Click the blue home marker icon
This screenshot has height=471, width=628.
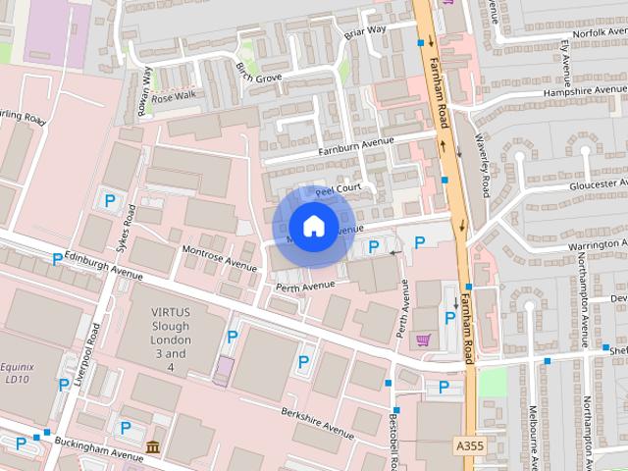pos(312,227)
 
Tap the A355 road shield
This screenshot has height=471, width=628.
pos(471,446)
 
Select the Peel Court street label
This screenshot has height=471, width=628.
pos(339,188)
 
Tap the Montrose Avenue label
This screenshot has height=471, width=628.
pos(219,258)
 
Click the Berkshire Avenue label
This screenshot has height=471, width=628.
pos(316,423)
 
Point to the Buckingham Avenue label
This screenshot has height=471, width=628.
pos(98,449)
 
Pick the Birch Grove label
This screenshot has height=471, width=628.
pos(259,73)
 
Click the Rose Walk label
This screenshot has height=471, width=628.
pos(174,96)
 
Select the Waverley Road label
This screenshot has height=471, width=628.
pos(482,162)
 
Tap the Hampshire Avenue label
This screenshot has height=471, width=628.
pos(584,92)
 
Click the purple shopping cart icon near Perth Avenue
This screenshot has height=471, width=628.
pos(423,340)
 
